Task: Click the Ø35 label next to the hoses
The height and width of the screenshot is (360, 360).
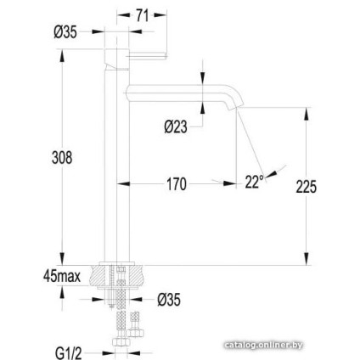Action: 169,299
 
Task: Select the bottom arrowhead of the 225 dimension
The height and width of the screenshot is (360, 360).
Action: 306,262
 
